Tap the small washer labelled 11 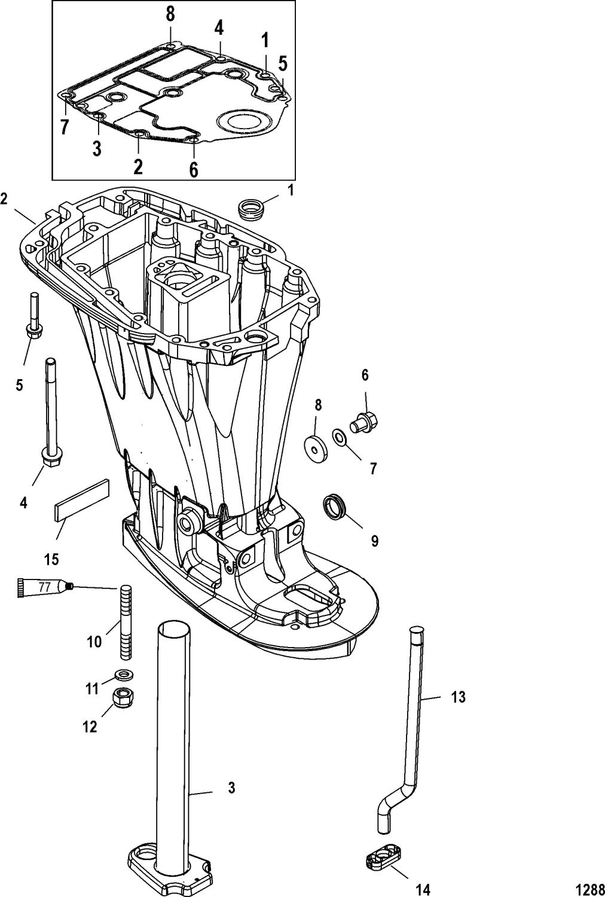pyautogui.click(x=124, y=675)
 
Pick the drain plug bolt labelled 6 pyautogui.click(x=363, y=420)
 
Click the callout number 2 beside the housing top pyautogui.click(x=4, y=199)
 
